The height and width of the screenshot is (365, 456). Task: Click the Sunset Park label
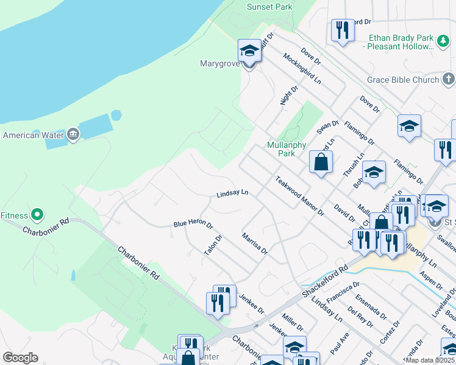point(269,7)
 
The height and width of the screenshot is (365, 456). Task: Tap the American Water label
point(34,135)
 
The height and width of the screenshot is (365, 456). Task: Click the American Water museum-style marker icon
point(73,134)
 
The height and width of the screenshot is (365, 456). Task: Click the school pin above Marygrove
point(249,50)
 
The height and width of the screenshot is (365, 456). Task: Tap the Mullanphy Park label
point(281,149)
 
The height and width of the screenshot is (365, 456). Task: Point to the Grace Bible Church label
point(402,80)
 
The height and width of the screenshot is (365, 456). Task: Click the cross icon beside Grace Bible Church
point(448,78)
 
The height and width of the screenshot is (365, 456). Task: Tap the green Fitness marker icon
point(37,214)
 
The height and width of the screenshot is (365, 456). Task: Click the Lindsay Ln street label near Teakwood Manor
point(232,193)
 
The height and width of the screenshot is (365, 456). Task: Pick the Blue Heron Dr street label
point(193,224)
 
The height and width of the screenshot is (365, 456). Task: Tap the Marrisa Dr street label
point(254,243)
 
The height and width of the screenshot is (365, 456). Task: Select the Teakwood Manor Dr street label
point(299,196)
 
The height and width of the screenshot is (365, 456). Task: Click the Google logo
point(20,358)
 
